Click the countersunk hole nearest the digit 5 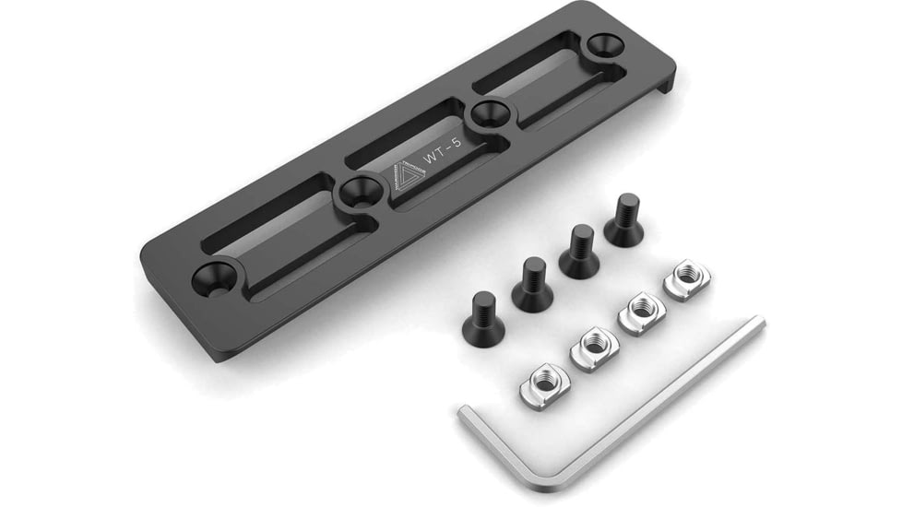(x=488, y=115)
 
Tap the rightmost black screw (x=625, y=221)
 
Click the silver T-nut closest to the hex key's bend (x=544, y=385)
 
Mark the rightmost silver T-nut (x=686, y=279)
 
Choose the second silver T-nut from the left (x=594, y=348)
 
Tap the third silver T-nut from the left (x=642, y=312)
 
